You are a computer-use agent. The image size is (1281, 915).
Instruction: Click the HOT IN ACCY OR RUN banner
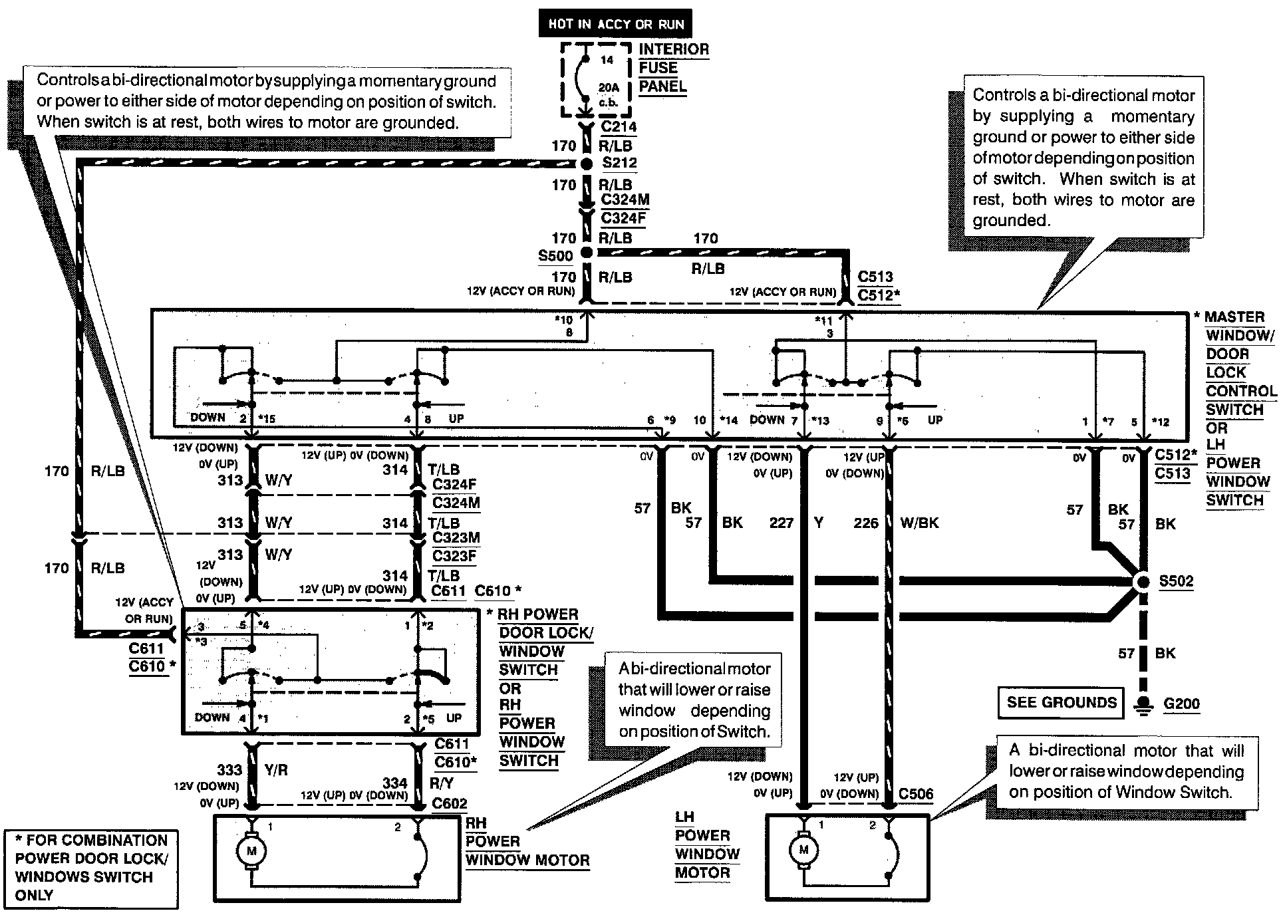pyautogui.click(x=616, y=23)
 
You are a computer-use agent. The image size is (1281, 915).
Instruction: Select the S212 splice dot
pyautogui.click(x=586, y=164)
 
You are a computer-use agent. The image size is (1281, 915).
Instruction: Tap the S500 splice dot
pyautogui.click(x=586, y=253)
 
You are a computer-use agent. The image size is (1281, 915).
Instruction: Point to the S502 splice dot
pyautogui.click(x=1143, y=582)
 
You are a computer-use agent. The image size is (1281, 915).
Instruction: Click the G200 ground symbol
pyautogui.click(x=1143, y=705)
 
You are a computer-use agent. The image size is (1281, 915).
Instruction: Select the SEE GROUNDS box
pyautogui.click(x=1062, y=703)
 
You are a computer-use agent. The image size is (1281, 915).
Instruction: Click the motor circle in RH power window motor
pyautogui.click(x=251, y=850)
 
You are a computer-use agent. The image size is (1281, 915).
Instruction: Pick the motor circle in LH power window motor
pyautogui.click(x=803, y=849)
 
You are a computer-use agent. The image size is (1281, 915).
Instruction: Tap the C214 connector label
pyautogui.click(x=619, y=126)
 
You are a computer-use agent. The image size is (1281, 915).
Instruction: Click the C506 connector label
pyautogui.click(x=916, y=794)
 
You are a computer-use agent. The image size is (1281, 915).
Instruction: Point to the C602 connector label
pyautogui.click(x=450, y=803)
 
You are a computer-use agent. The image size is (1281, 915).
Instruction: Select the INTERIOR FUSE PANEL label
pyautogui.click(x=673, y=68)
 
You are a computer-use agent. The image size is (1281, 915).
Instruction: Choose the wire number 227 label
pyautogui.click(x=782, y=523)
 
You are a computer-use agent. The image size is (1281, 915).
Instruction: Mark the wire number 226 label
pyautogui.click(x=866, y=523)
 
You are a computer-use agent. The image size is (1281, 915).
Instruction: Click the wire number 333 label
pyautogui.click(x=229, y=770)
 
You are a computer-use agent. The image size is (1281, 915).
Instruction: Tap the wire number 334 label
pyautogui.click(x=395, y=783)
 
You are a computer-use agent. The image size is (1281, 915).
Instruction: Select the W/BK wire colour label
pyautogui.click(x=919, y=523)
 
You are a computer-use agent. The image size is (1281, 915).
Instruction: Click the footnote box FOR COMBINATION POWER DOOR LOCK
pyautogui.click(x=92, y=868)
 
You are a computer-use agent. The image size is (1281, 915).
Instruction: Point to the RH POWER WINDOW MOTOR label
pyautogui.click(x=527, y=842)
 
